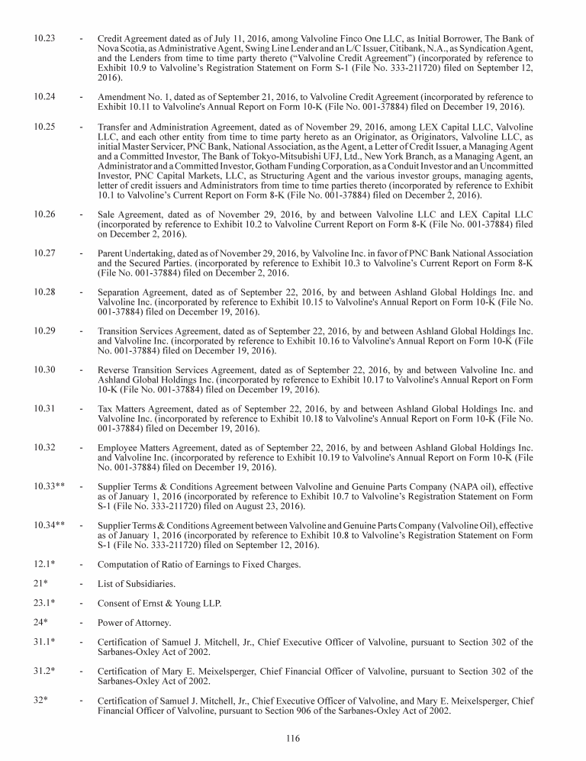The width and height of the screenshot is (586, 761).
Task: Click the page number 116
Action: [293, 738]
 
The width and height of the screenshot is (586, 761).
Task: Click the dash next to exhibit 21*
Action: [81, 584]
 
